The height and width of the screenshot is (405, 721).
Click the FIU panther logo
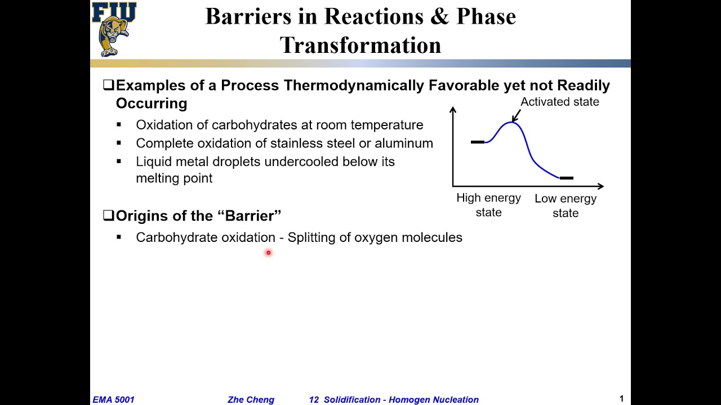click(x=114, y=29)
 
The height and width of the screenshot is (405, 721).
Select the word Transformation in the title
click(x=360, y=45)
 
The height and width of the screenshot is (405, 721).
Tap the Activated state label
click(x=559, y=102)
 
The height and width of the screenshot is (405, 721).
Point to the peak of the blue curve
click(x=511, y=122)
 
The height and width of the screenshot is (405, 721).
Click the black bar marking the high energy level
click(x=477, y=142)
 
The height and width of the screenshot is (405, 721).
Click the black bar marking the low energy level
click(x=566, y=178)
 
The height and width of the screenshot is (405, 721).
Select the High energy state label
click(x=488, y=205)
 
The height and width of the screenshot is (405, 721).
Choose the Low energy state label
click(x=566, y=205)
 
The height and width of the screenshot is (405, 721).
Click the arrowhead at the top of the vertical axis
click(x=453, y=109)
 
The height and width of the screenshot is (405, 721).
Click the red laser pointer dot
click(x=268, y=253)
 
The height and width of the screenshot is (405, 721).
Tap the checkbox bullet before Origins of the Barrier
click(x=108, y=215)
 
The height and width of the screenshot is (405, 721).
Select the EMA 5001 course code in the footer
click(x=113, y=399)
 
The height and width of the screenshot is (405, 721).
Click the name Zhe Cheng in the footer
click(x=251, y=399)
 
